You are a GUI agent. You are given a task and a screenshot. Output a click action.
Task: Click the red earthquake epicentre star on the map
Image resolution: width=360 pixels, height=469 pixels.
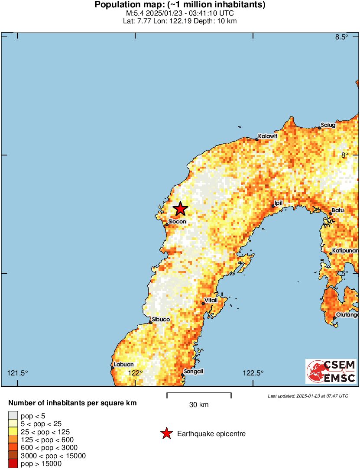pyautogui.click(x=180, y=209)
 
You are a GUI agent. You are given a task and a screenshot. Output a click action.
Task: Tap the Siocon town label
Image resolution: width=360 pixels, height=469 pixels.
pyautogui.click(x=177, y=221)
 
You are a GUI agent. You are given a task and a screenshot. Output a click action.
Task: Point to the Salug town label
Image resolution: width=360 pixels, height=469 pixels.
pyautogui.click(x=328, y=125)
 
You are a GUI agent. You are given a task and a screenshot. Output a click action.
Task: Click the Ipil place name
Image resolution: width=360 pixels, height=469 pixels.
pyautogui.click(x=279, y=203)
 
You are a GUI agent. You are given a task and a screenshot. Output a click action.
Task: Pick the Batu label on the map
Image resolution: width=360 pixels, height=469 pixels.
pyautogui.click(x=337, y=210)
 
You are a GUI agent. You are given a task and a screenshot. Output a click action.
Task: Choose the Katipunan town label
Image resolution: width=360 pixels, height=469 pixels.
pyautogui.click(x=346, y=251)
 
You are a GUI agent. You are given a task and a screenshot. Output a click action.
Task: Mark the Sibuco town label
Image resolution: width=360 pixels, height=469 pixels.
pyautogui.click(x=161, y=320)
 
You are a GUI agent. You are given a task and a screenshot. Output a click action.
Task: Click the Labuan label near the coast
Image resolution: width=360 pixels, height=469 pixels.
pyautogui.click(x=123, y=365)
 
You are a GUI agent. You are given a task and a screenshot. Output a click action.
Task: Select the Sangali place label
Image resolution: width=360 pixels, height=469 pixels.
pyautogui.click(x=193, y=371)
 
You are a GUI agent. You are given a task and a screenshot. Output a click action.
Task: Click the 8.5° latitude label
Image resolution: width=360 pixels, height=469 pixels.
pyautogui.click(x=342, y=37)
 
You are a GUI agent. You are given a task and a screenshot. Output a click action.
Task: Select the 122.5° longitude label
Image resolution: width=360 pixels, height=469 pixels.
pyautogui.click(x=253, y=373)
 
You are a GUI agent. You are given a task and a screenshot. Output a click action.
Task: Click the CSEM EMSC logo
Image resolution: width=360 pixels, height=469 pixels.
pyautogui.click(x=331, y=372)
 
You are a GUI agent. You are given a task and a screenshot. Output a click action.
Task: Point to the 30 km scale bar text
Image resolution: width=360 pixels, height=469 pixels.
pyautogui.click(x=199, y=405)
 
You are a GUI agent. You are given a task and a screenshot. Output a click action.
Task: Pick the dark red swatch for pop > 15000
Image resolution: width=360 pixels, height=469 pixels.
pyautogui.click(x=13, y=464)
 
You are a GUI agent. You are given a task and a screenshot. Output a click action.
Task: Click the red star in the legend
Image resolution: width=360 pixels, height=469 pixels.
pyautogui.click(x=166, y=433)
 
